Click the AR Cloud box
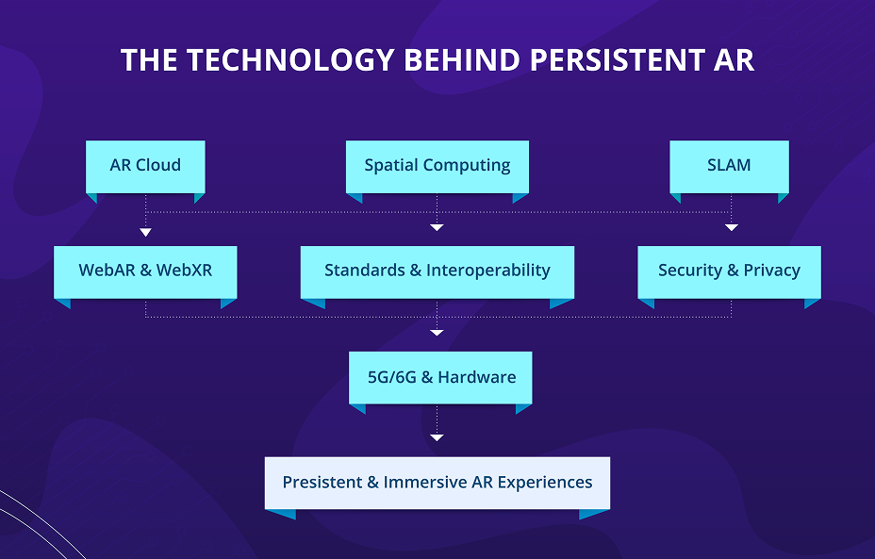(145, 166)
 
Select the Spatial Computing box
(437, 166)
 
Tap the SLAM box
(729, 166)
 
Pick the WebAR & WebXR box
(145, 271)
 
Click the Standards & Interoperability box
(437, 271)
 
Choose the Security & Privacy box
(729, 271)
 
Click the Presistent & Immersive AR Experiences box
(437, 483)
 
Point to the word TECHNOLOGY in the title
(289, 60)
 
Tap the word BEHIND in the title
(462, 60)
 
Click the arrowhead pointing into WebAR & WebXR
(145, 231)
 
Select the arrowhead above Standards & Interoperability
(437, 227)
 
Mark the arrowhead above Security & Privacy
(731, 227)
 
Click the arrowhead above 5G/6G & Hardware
(437, 333)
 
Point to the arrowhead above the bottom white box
(437, 437)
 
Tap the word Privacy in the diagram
(771, 271)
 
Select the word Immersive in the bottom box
(425, 483)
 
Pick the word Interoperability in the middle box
(487, 271)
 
